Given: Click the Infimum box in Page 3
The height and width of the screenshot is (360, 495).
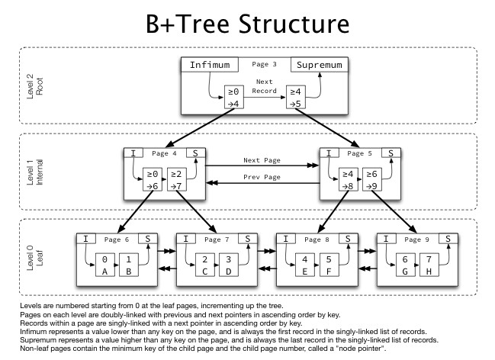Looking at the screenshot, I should [x=209, y=65].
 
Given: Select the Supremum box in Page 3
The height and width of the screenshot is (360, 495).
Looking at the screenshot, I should [x=320, y=65].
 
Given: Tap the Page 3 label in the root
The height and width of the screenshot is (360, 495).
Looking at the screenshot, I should [x=264, y=64].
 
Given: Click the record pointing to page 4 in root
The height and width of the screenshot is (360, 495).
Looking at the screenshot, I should [x=233, y=98].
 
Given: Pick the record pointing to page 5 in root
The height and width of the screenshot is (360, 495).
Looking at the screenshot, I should [x=294, y=98].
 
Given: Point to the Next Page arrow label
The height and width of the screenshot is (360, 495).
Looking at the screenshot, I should [x=262, y=162].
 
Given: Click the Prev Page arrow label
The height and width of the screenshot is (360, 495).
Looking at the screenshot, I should [x=262, y=177].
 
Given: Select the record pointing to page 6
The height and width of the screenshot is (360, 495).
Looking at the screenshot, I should [x=153, y=181].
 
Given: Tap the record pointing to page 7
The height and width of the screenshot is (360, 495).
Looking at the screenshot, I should [x=175, y=181].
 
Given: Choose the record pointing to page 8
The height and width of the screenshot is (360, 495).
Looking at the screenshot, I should [x=351, y=181].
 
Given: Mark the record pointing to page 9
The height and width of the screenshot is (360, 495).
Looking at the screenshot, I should [x=372, y=181].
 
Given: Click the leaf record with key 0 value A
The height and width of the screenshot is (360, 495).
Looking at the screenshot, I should [x=105, y=264].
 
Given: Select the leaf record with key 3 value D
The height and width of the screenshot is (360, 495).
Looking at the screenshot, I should [x=227, y=264].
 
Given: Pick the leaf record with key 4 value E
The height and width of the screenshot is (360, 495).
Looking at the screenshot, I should [x=306, y=264].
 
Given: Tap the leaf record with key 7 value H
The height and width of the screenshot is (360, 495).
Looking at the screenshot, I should [x=429, y=264].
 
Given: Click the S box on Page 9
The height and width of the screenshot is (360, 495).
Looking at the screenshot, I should [x=448, y=238].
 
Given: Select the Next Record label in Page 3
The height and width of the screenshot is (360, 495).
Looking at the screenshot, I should [x=264, y=85].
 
